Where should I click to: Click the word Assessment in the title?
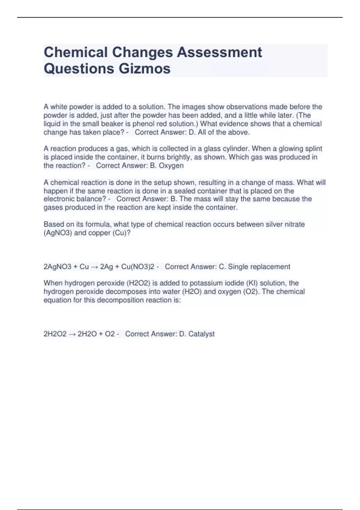point(219,52)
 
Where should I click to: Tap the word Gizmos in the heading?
point(145,68)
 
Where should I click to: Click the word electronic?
point(59,199)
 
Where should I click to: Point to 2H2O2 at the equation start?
point(55,334)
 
